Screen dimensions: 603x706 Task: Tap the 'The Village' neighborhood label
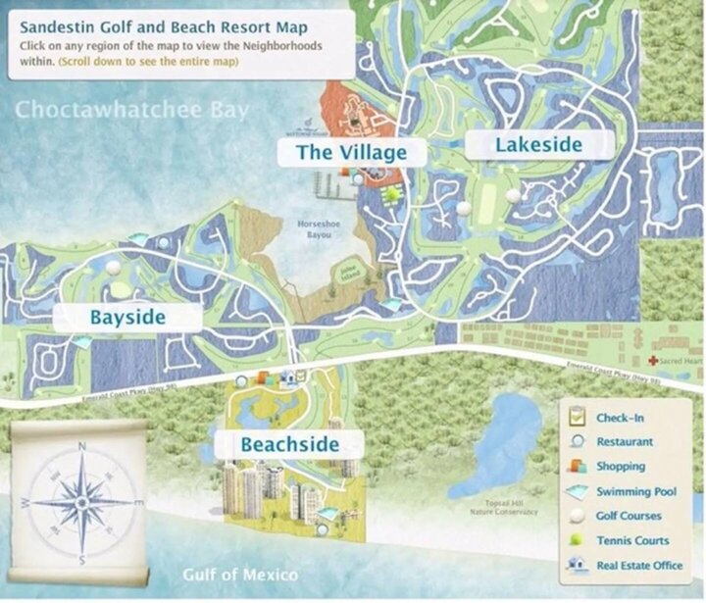[x=351, y=152]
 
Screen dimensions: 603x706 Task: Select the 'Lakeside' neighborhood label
[x=538, y=145]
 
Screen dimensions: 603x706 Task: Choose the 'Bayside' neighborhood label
[x=127, y=317]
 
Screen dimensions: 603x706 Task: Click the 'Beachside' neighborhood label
[x=289, y=444]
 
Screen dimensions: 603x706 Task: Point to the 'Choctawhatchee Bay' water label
[x=132, y=109]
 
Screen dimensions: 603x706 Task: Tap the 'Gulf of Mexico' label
[x=239, y=575]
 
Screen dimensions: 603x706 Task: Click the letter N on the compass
[x=80, y=447]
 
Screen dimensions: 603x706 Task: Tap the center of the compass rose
[x=81, y=503]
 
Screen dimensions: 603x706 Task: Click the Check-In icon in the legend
[x=577, y=419]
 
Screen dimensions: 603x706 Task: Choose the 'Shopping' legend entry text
[x=621, y=467]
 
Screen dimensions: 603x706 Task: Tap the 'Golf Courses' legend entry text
[x=629, y=516]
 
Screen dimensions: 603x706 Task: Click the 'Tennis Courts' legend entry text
[x=632, y=540]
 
